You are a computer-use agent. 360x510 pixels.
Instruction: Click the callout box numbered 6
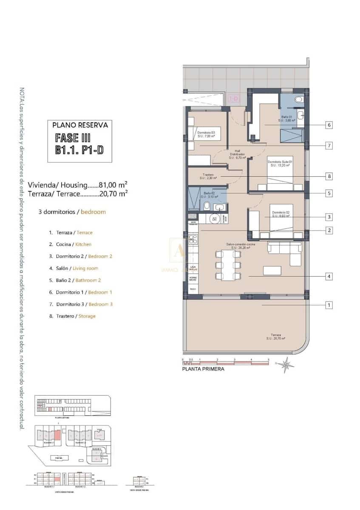click(329, 125)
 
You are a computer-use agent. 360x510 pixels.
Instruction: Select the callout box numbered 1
click(329, 305)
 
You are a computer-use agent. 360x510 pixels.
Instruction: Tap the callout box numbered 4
click(329, 276)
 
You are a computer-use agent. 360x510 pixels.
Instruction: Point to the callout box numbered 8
click(329, 176)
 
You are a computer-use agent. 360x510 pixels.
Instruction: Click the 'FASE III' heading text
click(73, 138)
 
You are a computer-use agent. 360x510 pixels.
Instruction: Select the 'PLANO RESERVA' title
click(80, 125)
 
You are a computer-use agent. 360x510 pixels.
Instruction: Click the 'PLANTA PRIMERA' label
click(203, 369)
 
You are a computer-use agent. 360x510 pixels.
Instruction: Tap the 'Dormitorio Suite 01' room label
click(280, 162)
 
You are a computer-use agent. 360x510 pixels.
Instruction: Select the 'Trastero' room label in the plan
click(207, 175)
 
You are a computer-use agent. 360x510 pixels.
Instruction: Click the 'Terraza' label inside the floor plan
click(275, 335)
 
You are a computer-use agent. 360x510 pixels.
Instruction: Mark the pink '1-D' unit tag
click(233, 99)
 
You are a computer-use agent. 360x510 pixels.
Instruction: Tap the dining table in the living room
click(228, 266)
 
